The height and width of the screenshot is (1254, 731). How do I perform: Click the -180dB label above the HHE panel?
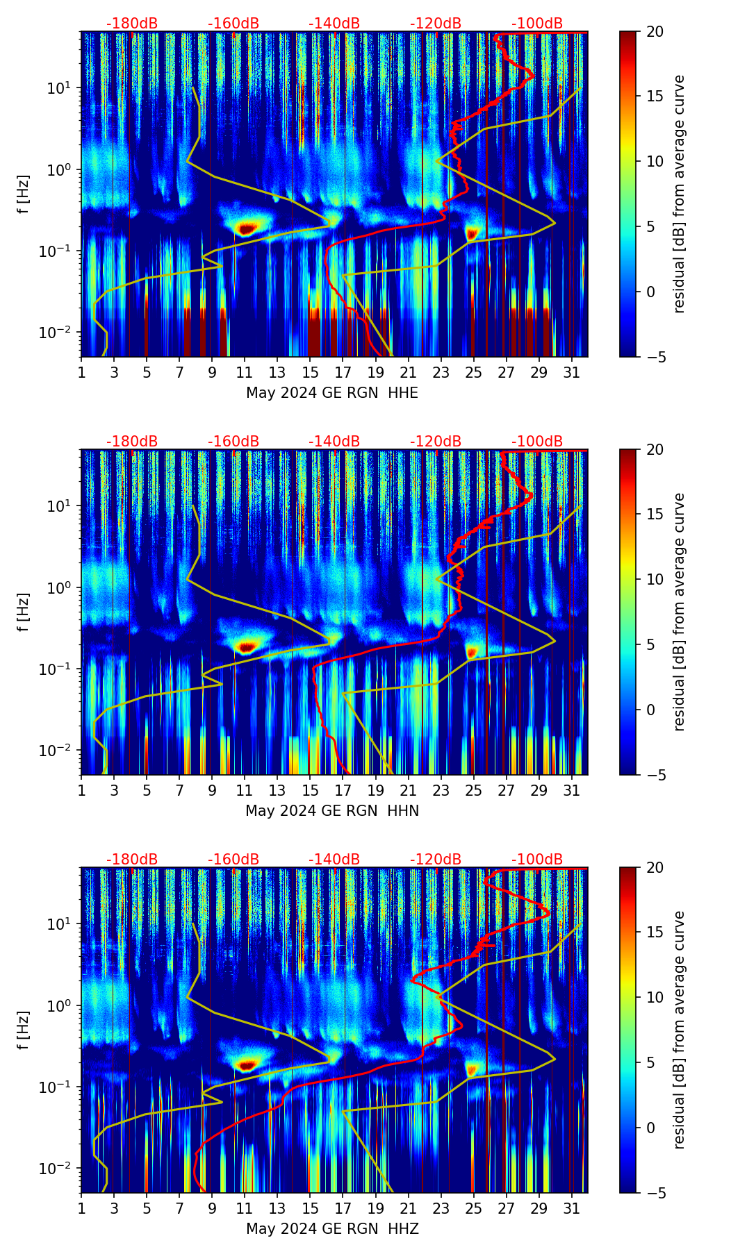(x=132, y=24)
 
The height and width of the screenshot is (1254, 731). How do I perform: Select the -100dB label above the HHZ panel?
(x=537, y=860)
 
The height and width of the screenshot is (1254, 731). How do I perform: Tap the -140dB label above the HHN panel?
(x=334, y=442)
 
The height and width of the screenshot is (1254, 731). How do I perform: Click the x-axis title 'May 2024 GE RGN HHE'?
(x=332, y=393)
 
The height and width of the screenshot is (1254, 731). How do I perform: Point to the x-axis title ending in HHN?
(x=332, y=811)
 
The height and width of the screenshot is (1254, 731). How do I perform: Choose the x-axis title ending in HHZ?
(x=332, y=1229)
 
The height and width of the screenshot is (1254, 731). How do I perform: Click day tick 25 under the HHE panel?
(x=473, y=372)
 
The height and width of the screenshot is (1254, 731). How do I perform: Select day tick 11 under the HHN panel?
(x=245, y=790)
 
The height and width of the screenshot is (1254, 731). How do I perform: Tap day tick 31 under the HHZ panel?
(x=571, y=1208)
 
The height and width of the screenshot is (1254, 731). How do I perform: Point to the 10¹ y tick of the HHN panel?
(x=59, y=506)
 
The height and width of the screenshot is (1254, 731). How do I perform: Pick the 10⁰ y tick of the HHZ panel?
(x=59, y=1005)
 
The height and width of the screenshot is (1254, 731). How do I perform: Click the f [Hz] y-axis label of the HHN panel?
(x=24, y=612)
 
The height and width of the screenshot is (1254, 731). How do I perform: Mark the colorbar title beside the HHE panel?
(x=680, y=194)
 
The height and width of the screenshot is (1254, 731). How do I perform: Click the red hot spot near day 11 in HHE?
(x=247, y=227)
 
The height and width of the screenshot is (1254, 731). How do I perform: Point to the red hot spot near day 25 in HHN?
(x=473, y=652)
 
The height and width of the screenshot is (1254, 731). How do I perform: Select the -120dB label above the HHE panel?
(x=436, y=24)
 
